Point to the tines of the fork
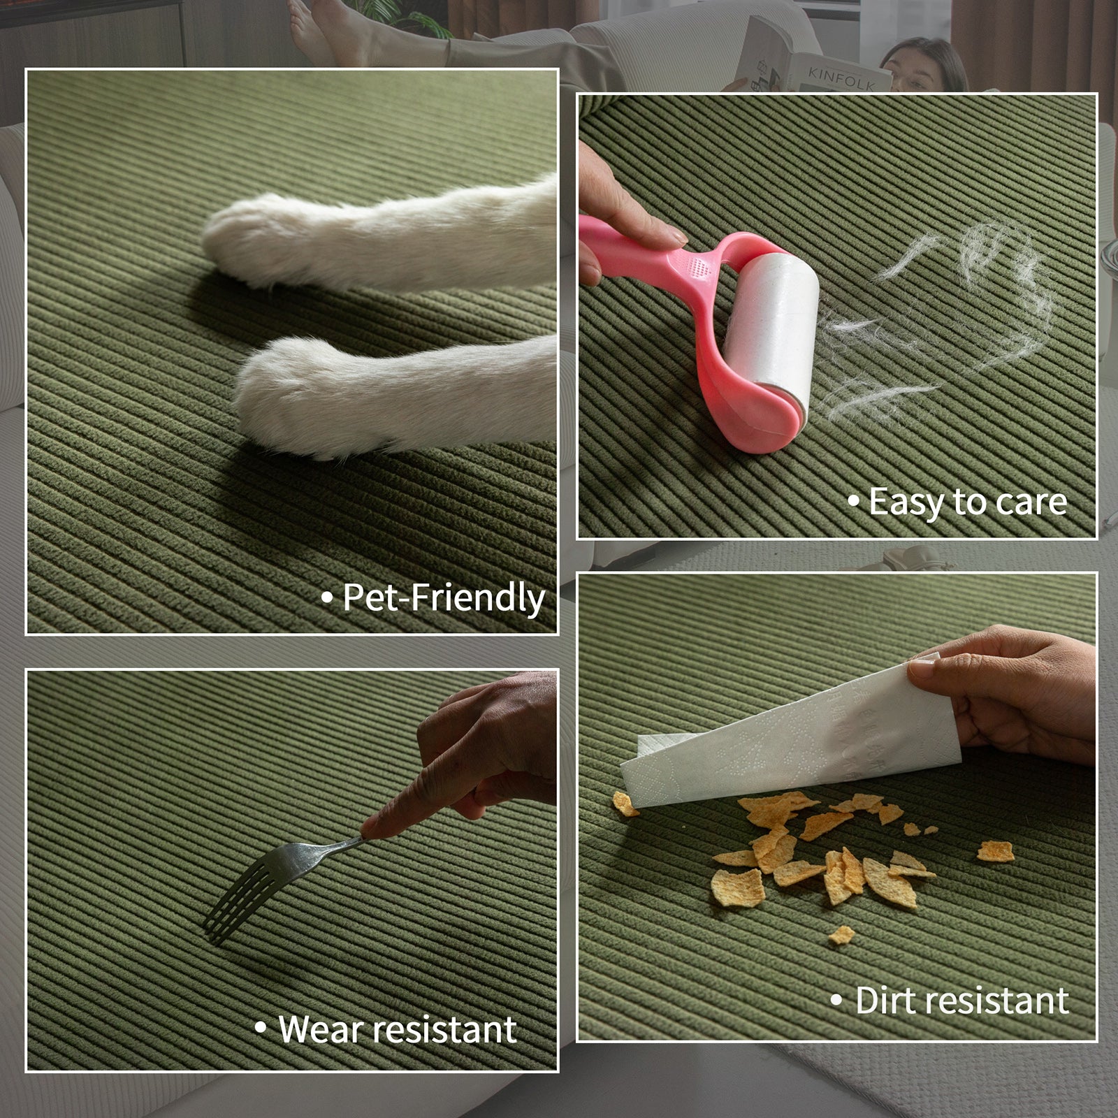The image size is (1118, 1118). tap(234, 894)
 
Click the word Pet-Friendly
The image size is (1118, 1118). tap(444, 599)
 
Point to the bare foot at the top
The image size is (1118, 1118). tap(328, 31)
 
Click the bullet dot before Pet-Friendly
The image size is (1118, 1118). tap(326, 599)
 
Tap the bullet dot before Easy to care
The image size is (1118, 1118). tap(853, 501)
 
